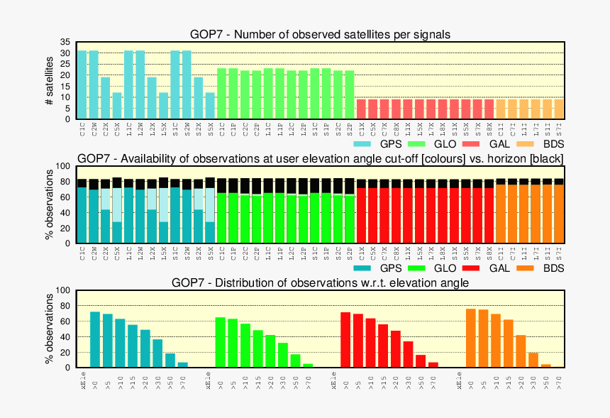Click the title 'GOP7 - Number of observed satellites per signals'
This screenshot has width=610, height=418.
tap(320, 34)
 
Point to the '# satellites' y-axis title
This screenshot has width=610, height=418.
tap(49, 80)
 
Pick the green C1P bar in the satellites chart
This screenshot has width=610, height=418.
tap(233, 94)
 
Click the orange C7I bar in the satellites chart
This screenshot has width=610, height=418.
tap(512, 109)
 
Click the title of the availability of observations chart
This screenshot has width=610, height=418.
tap(320, 158)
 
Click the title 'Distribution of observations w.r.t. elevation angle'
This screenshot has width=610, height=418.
tap(320, 282)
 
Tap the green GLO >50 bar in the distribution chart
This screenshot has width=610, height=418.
tap(296, 361)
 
